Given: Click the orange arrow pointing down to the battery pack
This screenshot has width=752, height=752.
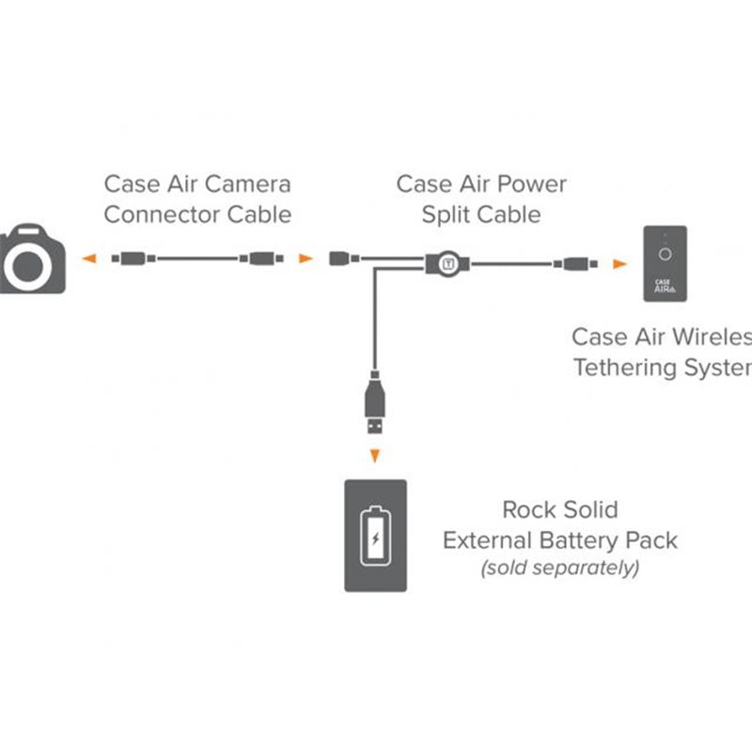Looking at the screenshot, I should pos(375,457).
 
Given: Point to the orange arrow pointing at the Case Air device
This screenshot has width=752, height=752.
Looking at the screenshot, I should pos(619,264).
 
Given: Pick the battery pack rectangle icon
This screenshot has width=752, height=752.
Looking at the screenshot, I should pos(375,535).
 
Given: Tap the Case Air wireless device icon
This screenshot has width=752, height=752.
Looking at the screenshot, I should pos(666,264).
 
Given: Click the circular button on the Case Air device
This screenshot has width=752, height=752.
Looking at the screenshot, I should pos(666,253).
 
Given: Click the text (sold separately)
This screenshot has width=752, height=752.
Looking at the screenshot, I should pos(560,568).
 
